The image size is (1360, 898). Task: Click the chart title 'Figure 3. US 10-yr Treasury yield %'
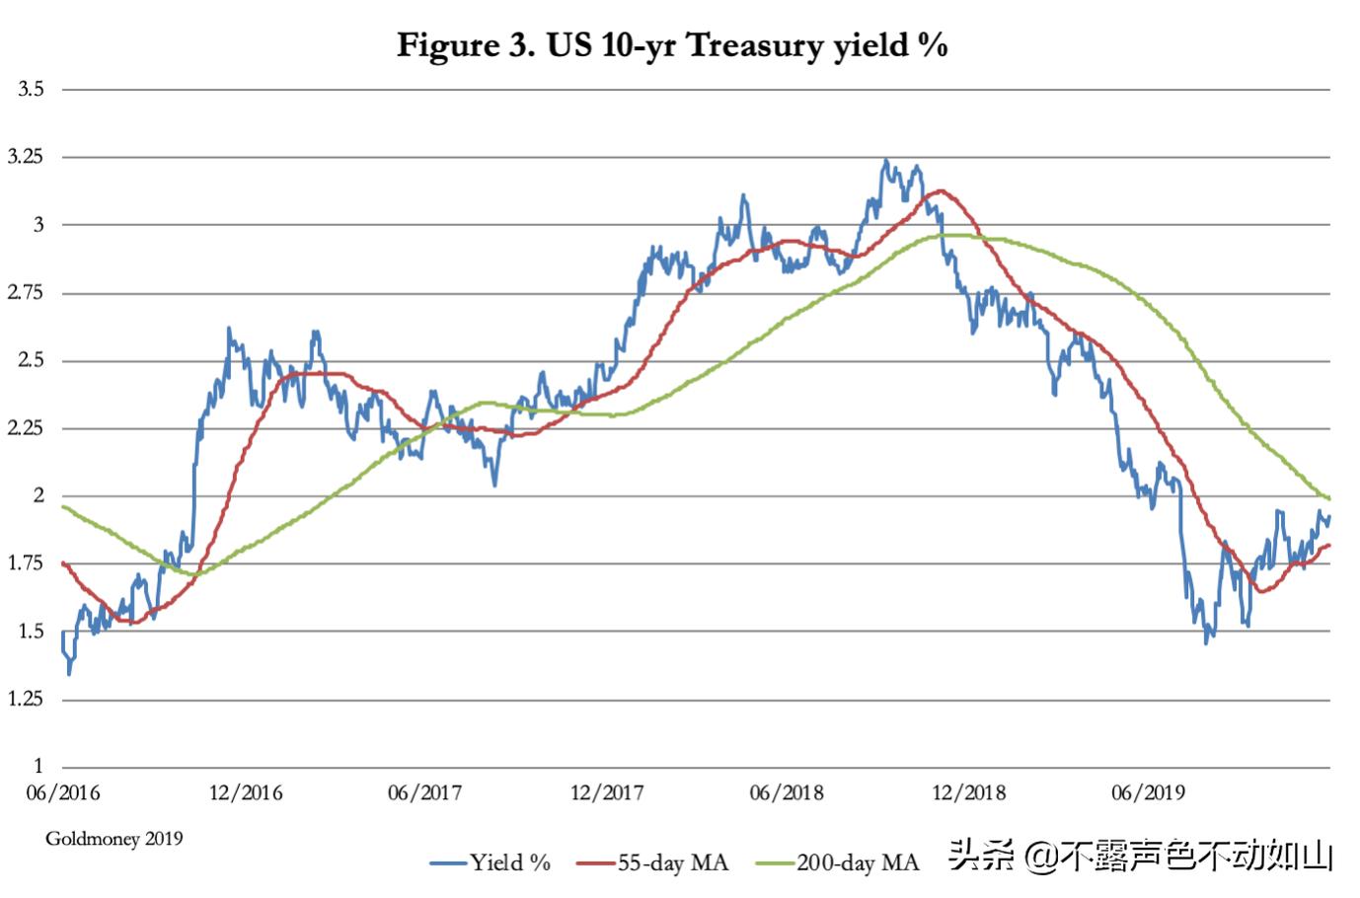[672, 45]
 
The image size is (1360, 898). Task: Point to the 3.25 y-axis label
[27, 157]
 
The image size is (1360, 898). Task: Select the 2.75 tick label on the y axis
[27, 293]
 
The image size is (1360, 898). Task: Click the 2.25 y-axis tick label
[27, 428]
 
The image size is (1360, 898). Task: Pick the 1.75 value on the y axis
[27, 563]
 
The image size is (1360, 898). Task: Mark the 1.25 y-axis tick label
[27, 700]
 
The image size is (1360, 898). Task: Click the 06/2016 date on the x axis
[63, 793]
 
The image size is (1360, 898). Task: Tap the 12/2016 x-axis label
[245, 793]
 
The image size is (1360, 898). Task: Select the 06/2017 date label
[424, 793]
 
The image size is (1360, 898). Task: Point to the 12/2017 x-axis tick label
[606, 793]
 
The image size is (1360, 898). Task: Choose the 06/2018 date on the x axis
[787, 793]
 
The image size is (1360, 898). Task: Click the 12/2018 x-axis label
[968, 793]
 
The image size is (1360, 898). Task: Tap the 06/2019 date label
[1148, 793]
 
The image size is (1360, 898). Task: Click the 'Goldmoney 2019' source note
[114, 839]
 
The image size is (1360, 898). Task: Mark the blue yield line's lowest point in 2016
[69, 674]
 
